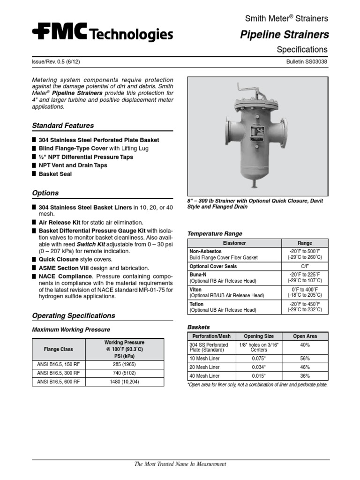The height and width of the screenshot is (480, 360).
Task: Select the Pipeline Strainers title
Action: [x=284, y=35]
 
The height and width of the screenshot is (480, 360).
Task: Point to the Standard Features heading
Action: [x=63, y=126]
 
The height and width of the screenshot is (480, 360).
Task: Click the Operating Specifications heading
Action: [x=73, y=315]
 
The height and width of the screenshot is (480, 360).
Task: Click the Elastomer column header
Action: [x=234, y=243]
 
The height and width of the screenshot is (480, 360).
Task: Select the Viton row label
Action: [x=195, y=290]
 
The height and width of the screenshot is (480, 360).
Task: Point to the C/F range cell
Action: [x=305, y=266]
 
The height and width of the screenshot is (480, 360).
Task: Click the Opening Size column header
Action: [x=256, y=336]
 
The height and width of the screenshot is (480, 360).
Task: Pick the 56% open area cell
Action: [x=305, y=359]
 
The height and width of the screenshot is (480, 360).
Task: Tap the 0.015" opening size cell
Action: [x=256, y=376]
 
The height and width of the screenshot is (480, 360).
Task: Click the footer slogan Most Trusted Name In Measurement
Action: [x=180, y=464]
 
